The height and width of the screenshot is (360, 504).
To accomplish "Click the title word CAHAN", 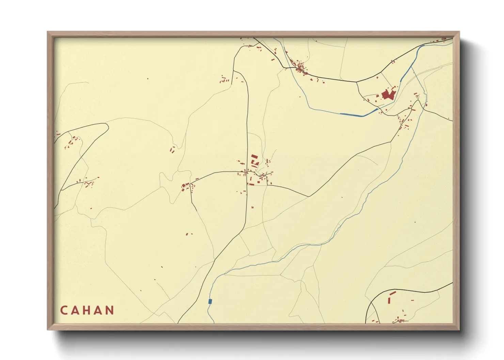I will pyautogui.click(x=87, y=310).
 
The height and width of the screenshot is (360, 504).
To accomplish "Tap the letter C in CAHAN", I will pyautogui.click(x=64, y=310).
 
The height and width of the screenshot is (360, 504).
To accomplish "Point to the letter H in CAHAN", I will pyautogui.click(x=87, y=310).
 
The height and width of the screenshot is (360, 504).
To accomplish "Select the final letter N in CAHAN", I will pyautogui.click(x=110, y=310).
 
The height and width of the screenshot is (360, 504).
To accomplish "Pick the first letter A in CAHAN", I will pyautogui.click(x=75, y=310).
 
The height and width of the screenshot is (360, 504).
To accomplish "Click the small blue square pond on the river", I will pyautogui.click(x=210, y=301).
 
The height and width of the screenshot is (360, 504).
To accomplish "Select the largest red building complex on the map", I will pyautogui.click(x=388, y=94).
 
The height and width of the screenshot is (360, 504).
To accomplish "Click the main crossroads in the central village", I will pyautogui.click(x=248, y=172).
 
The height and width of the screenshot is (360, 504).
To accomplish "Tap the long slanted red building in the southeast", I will pyautogui.click(x=392, y=293).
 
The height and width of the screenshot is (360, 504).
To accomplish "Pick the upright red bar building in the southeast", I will pyautogui.click(x=389, y=300).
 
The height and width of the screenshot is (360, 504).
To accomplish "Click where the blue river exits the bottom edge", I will pyautogui.click(x=214, y=323).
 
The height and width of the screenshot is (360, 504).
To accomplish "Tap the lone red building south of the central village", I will pyautogui.click(x=252, y=207).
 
